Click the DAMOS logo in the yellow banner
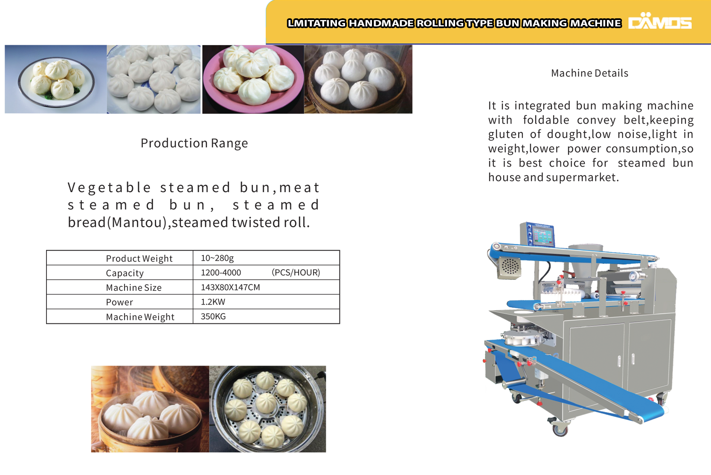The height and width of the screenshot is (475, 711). [x=660, y=21]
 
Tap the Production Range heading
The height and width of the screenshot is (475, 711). [x=194, y=143]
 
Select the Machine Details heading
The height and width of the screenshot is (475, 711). [x=590, y=73]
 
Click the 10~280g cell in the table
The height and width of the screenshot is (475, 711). [x=217, y=258]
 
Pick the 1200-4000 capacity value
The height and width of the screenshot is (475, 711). [x=221, y=272]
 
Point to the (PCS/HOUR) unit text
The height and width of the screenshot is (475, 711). [x=296, y=272]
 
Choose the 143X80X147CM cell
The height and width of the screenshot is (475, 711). [x=230, y=287]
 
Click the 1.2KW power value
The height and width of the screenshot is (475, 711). [x=213, y=302]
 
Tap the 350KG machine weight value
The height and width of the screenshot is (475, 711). [x=213, y=317]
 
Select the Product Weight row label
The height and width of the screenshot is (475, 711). [x=139, y=259]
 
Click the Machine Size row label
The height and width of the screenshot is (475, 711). [x=133, y=288]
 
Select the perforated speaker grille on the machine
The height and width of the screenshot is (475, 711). [x=509, y=267]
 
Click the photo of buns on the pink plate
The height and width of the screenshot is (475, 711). [x=253, y=79]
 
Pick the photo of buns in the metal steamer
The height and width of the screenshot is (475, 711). [x=267, y=409]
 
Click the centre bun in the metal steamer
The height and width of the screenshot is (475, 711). [x=266, y=403]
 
